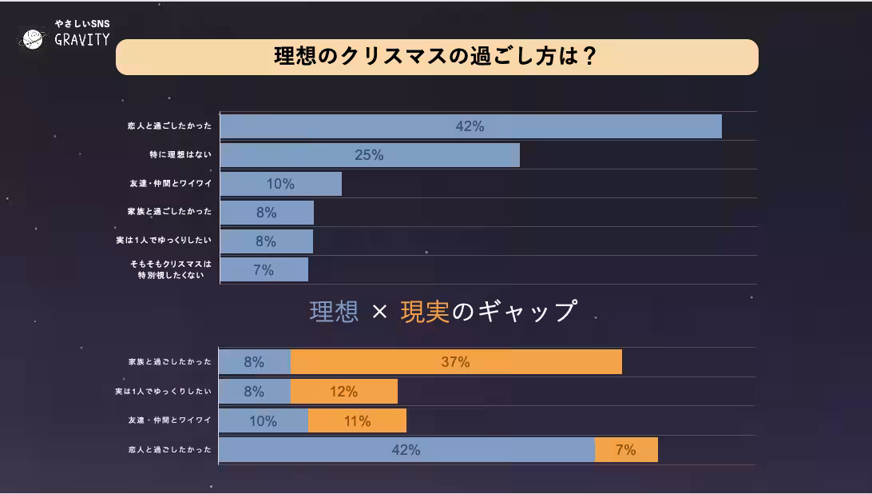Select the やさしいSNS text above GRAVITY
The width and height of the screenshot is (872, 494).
click(81, 24)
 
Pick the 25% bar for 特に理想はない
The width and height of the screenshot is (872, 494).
click(370, 155)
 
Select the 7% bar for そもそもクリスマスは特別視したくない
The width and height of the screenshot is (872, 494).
click(264, 270)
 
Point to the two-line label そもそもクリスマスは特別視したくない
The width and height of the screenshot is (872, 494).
click(171, 269)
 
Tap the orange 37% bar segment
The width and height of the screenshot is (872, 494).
click(456, 362)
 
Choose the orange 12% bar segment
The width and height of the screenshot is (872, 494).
click(344, 392)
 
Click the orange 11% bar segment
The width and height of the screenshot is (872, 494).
click(357, 421)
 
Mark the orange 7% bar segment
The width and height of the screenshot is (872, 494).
click(626, 450)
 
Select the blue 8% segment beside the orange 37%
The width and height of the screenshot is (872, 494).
click(255, 362)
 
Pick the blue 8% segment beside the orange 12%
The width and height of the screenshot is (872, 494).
click(255, 392)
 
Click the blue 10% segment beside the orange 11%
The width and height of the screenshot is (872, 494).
click(264, 421)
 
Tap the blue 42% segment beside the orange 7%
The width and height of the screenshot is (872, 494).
click(406, 450)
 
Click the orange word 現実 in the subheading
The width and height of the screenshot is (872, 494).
click(425, 312)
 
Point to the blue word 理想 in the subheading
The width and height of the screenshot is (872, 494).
click(334, 312)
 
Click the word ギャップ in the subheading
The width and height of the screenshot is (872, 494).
click(527, 312)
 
